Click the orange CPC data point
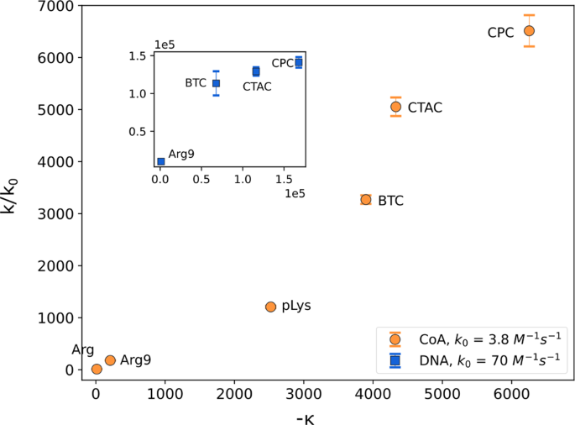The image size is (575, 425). (529, 30)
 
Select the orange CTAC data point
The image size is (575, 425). (395, 107)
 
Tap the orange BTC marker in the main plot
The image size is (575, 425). (366, 199)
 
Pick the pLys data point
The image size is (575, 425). (270, 307)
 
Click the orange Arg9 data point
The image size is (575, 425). (110, 359)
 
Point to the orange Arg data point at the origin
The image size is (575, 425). (97, 369)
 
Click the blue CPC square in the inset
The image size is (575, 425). (298, 62)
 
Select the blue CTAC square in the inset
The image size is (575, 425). (256, 71)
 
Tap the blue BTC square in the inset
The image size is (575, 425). (216, 83)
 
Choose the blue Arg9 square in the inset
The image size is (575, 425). (161, 161)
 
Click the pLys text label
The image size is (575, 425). (297, 307)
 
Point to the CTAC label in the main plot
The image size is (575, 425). (425, 108)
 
